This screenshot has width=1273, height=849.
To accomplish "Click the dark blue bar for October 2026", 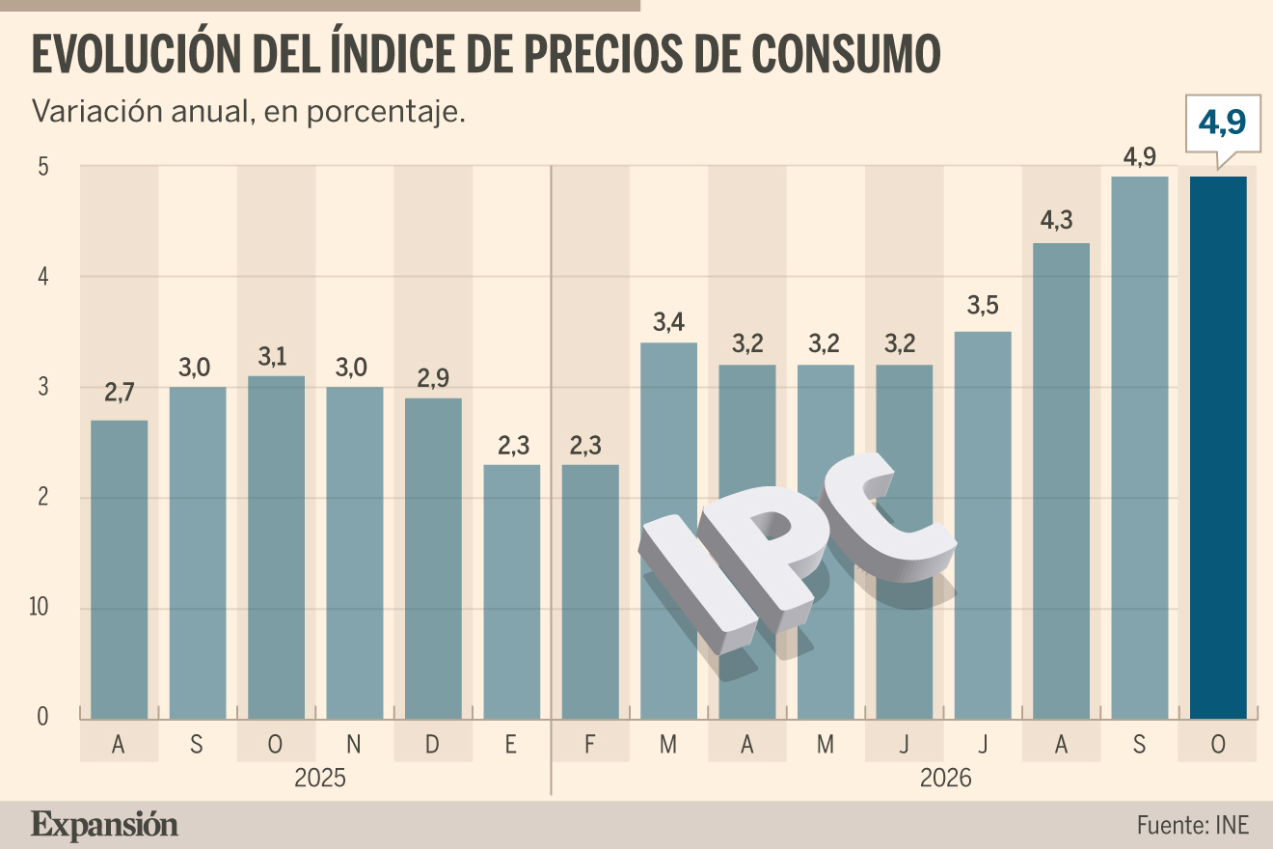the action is click(1218, 448).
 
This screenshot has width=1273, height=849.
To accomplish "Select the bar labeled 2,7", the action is click(120, 570).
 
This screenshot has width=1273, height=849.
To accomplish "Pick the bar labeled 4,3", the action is click(1061, 481).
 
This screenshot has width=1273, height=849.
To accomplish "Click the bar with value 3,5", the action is click(983, 526).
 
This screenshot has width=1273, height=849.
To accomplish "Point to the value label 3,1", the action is click(272, 357).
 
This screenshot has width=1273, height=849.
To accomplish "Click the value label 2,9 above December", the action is click(433, 378).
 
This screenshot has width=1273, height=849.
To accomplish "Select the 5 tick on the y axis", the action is click(43, 167).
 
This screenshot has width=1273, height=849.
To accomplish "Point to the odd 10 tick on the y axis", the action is click(39, 607).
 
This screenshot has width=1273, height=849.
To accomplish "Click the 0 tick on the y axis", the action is click(42, 717).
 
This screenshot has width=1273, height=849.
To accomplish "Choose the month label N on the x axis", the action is click(354, 744).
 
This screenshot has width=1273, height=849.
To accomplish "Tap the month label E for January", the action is click(510, 744).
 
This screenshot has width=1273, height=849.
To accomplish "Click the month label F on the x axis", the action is click(589, 744).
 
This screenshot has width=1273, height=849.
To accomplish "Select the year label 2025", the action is click(319, 778).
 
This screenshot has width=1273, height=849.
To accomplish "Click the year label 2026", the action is click(946, 778).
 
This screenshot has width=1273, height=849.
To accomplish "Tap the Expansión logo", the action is click(104, 826).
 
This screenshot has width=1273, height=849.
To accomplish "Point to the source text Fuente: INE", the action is click(1192, 825).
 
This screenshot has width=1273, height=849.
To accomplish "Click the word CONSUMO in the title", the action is click(846, 54).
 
